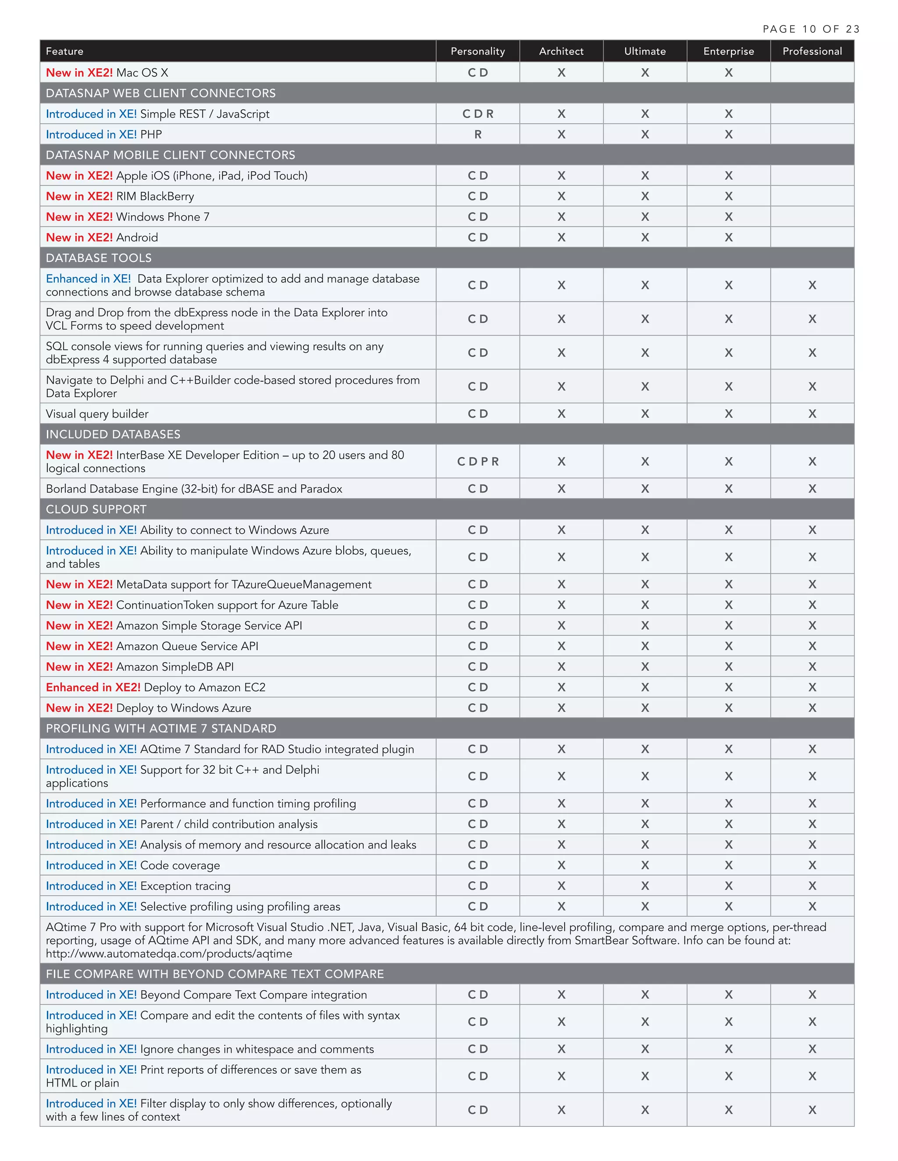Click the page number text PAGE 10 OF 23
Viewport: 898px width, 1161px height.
click(811, 29)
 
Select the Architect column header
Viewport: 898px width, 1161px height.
click(561, 51)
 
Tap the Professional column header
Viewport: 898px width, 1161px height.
click(812, 51)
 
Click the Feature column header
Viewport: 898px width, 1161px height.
click(64, 51)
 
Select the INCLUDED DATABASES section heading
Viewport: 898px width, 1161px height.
click(113, 434)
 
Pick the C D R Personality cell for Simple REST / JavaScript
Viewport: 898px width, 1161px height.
click(478, 114)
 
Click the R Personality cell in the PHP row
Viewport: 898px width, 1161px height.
click(478, 135)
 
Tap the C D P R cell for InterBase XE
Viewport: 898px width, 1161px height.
click(478, 461)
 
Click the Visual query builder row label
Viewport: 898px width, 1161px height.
click(97, 414)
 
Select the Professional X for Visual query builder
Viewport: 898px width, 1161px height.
click(812, 414)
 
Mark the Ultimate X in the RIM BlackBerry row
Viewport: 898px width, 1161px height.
click(645, 196)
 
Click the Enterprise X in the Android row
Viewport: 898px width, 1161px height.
click(728, 237)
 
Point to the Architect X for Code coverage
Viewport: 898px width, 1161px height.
click(561, 865)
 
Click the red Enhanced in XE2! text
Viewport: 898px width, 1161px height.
click(93, 687)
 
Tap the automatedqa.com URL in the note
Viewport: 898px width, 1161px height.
click(169, 954)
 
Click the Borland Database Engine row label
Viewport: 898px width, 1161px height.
click(194, 488)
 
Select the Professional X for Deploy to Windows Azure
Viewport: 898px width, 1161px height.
click(812, 708)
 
